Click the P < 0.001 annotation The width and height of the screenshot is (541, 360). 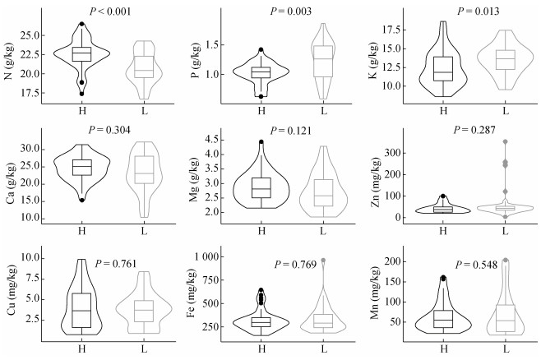(110, 12)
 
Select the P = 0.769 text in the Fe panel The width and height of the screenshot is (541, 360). (295, 265)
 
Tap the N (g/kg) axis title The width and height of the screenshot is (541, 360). (9, 61)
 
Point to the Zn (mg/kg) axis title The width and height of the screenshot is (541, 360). (375, 182)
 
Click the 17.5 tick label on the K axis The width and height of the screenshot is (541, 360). (391, 30)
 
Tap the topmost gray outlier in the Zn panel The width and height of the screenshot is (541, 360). (505, 141)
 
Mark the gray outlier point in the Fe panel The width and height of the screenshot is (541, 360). (323, 261)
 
